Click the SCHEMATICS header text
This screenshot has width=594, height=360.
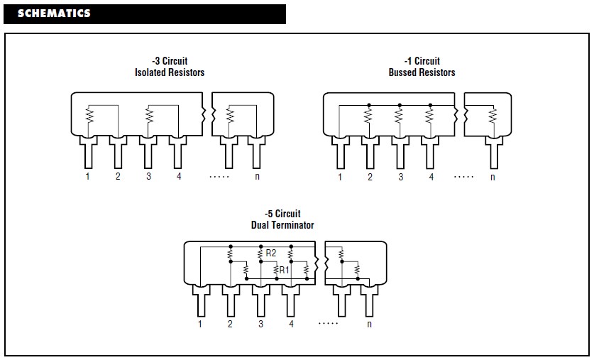[54, 13]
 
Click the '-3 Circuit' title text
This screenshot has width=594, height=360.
[170, 61]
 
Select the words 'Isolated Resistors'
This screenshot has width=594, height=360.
[170, 72]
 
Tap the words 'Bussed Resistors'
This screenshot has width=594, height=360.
[422, 72]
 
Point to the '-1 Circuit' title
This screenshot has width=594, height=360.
[422, 61]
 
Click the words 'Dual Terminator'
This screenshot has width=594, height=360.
[282, 225]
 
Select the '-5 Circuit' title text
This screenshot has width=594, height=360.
[282, 214]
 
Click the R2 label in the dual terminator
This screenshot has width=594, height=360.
[271, 253]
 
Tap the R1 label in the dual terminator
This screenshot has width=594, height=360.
[284, 270]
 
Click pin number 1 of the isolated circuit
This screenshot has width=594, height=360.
[88, 176]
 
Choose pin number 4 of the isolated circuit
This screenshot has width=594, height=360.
[179, 176]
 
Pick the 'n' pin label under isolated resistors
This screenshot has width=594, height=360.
[257, 176]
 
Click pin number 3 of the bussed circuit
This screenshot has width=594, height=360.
[400, 177]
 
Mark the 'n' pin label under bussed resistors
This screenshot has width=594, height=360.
[492, 177]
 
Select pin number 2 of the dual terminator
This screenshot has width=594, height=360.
[230, 324]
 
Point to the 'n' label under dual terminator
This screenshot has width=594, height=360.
[369, 324]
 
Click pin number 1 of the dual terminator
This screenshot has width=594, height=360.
[200, 324]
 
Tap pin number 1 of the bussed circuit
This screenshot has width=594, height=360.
[340, 177]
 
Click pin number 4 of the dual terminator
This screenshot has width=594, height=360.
[291, 324]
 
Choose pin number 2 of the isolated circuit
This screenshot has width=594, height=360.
[118, 176]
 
